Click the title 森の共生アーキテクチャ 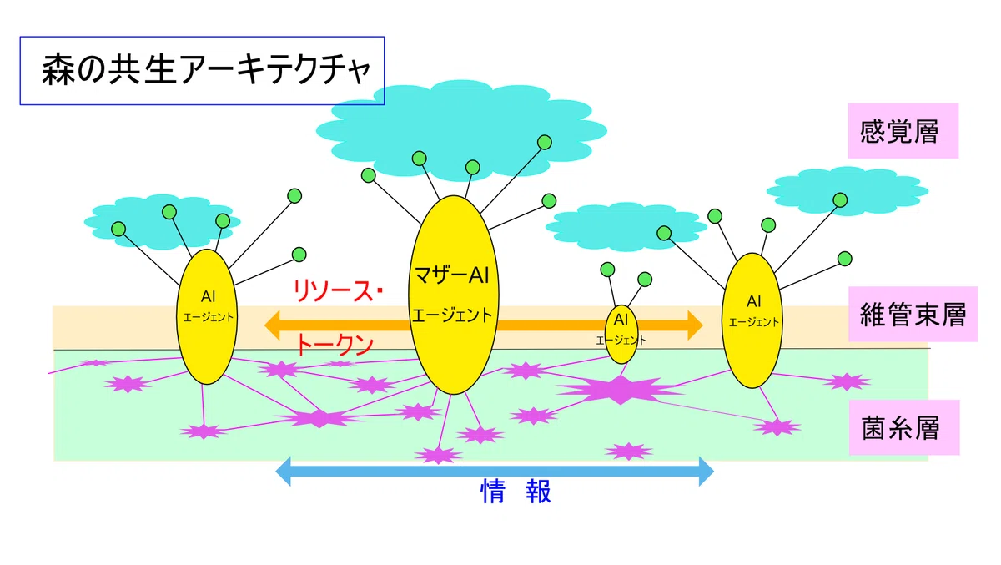point(206,70)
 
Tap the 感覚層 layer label point(898,131)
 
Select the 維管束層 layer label point(913,315)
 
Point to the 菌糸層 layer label point(900,428)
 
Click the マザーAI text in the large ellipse point(452,275)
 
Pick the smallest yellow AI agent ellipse point(621,335)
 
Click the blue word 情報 point(516,492)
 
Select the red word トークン point(335,345)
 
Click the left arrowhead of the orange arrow point(272,325)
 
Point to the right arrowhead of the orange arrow point(696,325)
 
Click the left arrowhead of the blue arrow point(283,472)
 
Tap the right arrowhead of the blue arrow point(707,472)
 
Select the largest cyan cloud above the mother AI point(461,130)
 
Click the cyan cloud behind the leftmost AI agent point(162,222)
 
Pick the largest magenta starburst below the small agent point(621,391)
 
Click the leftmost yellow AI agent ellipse point(207,316)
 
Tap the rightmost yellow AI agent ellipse point(752,320)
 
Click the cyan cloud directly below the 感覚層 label point(848,191)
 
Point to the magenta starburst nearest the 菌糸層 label point(846,382)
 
